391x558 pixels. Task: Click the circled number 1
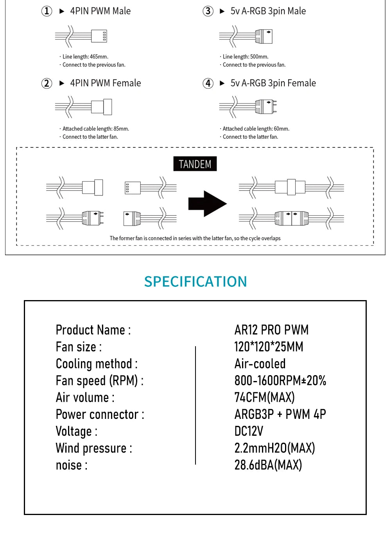point(47,11)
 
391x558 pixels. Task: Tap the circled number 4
point(208,83)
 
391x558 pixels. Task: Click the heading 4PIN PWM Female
point(105,83)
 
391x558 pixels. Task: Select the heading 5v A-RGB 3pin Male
point(268,11)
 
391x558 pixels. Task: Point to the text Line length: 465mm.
point(85,57)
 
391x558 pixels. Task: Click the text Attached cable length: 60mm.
point(256,129)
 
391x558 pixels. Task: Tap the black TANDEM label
point(195,164)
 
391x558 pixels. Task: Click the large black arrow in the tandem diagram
point(207,204)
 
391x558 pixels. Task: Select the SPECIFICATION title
point(195,281)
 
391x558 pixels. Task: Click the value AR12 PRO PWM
point(271,330)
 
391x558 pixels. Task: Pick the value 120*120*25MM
point(269,347)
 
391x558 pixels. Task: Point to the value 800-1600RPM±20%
point(280,380)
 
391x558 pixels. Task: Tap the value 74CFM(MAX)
point(264,397)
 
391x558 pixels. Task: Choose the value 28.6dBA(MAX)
point(268,465)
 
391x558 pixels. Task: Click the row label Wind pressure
point(93,448)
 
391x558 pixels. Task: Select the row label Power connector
point(100,414)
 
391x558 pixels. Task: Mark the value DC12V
point(249,431)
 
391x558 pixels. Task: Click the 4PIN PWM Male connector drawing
point(81,36)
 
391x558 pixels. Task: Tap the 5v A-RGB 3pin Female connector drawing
point(248,106)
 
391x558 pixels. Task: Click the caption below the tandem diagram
point(195,238)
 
